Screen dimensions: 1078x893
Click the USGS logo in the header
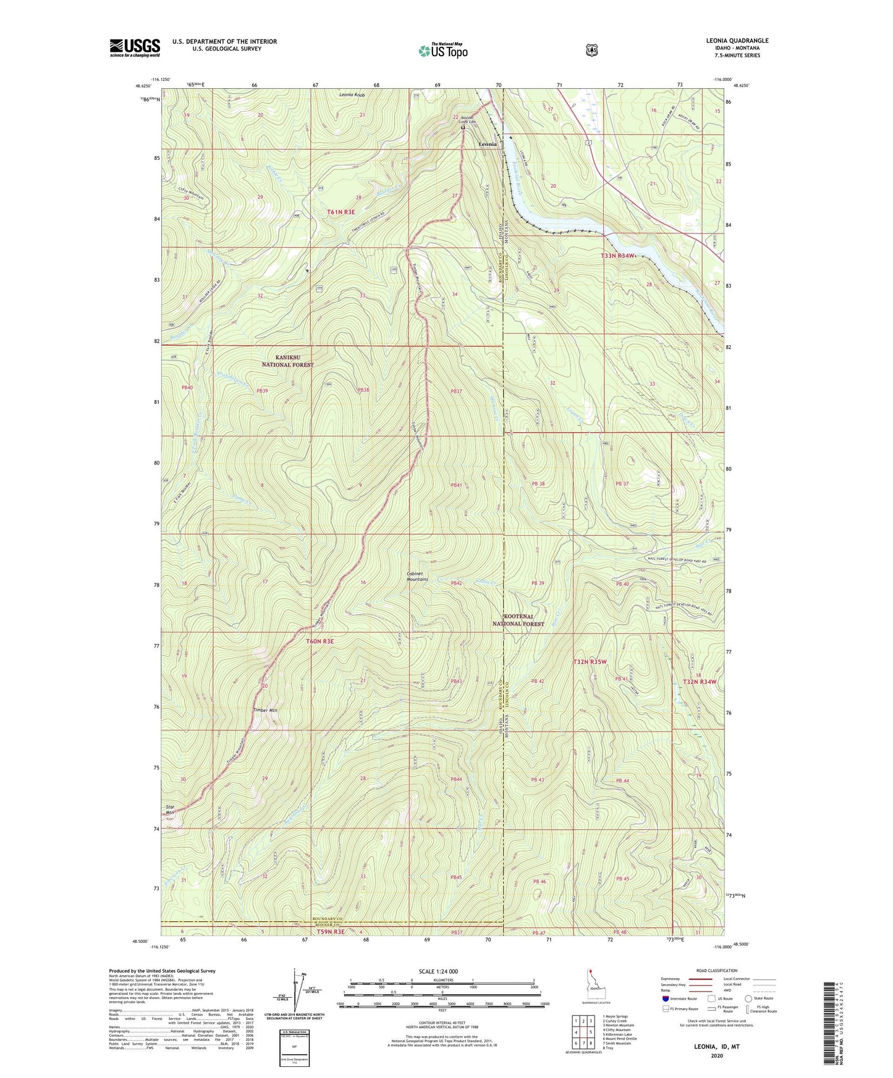(x=135, y=48)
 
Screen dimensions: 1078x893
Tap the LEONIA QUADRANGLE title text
(x=737, y=41)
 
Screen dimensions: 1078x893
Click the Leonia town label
(x=488, y=144)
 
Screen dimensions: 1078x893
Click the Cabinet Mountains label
(x=417, y=576)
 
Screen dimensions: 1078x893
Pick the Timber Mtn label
(x=265, y=711)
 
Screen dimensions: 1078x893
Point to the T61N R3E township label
(x=341, y=212)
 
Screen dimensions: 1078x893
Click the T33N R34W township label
(x=618, y=256)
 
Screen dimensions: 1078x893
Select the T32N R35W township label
(x=590, y=662)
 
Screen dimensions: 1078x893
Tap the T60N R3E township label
(x=320, y=641)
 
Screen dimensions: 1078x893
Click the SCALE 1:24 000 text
(x=438, y=971)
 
